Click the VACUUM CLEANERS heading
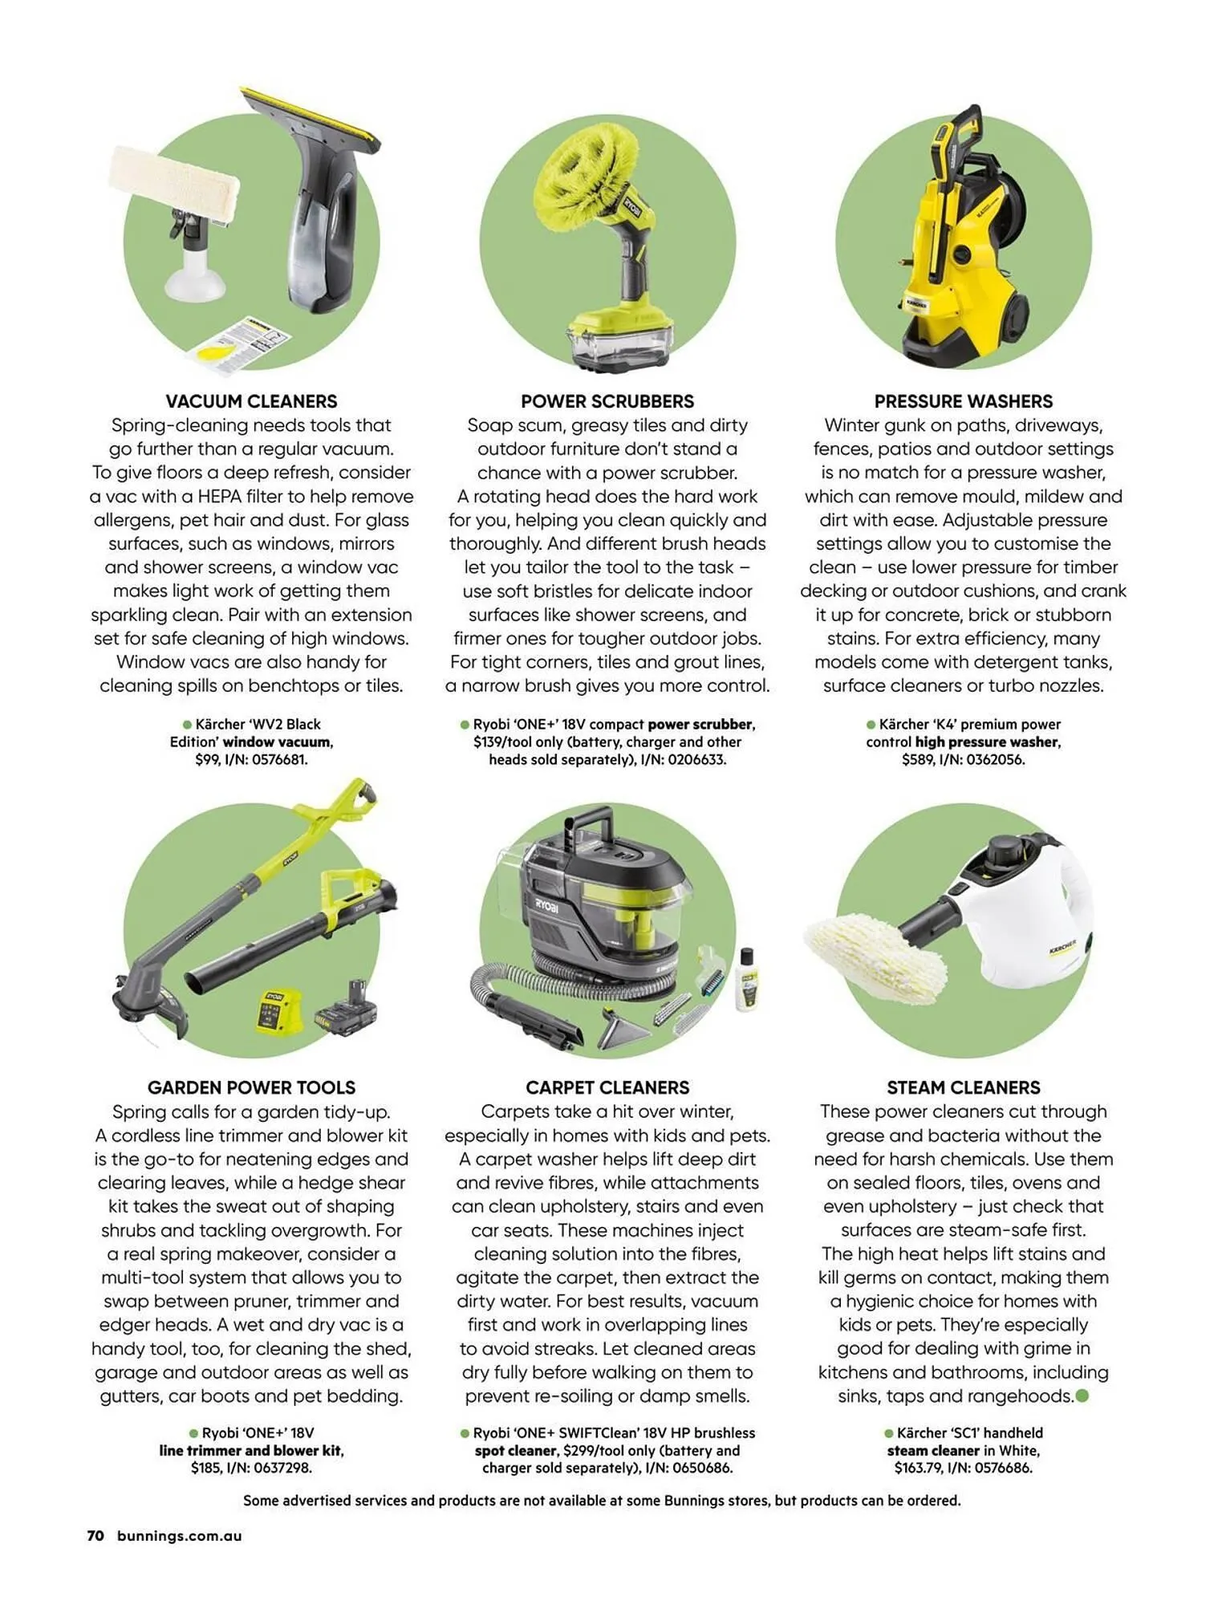pos(251,401)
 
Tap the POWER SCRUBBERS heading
pos(607,401)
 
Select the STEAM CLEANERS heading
pos(963,1087)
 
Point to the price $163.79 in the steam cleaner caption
pos(918,1468)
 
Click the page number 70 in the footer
pos(95,1536)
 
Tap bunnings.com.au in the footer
pos(179,1536)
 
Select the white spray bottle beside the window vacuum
pos(193,265)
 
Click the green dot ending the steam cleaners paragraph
pos(1082,1396)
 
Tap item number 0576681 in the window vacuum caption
pos(279,759)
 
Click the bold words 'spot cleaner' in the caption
pos(515,1450)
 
